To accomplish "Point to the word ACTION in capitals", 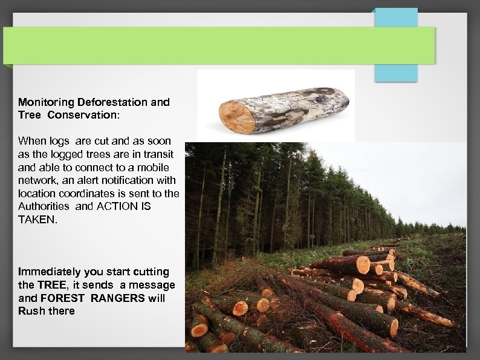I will tap(113, 206).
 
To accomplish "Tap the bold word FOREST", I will tap(64, 298).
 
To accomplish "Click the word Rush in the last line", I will tap(30, 311).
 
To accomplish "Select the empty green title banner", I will tap(218, 45).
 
